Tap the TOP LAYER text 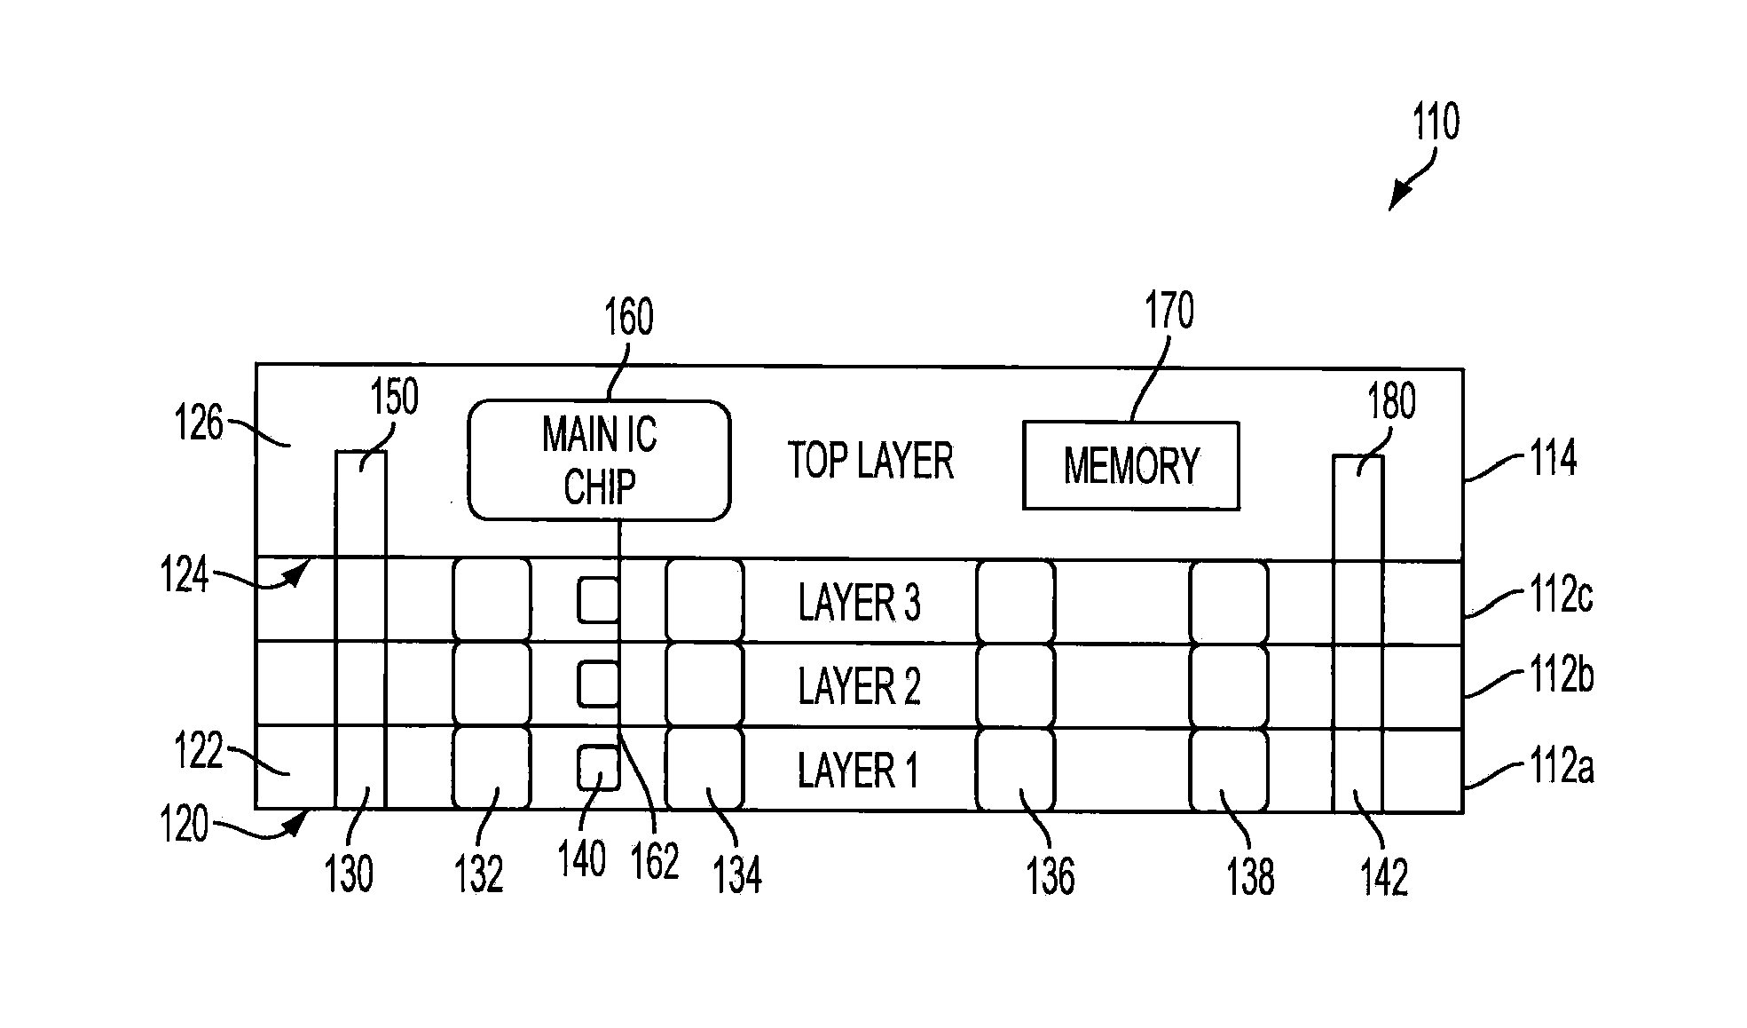871,462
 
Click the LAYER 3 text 859,603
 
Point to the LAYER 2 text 859,686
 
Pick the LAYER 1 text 857,770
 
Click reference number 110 1436,123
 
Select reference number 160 628,317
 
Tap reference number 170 1169,311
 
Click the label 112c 1561,596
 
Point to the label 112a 1561,766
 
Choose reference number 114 1552,459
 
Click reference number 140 582,859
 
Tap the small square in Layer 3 599,600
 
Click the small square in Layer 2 599,684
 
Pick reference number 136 1051,876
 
